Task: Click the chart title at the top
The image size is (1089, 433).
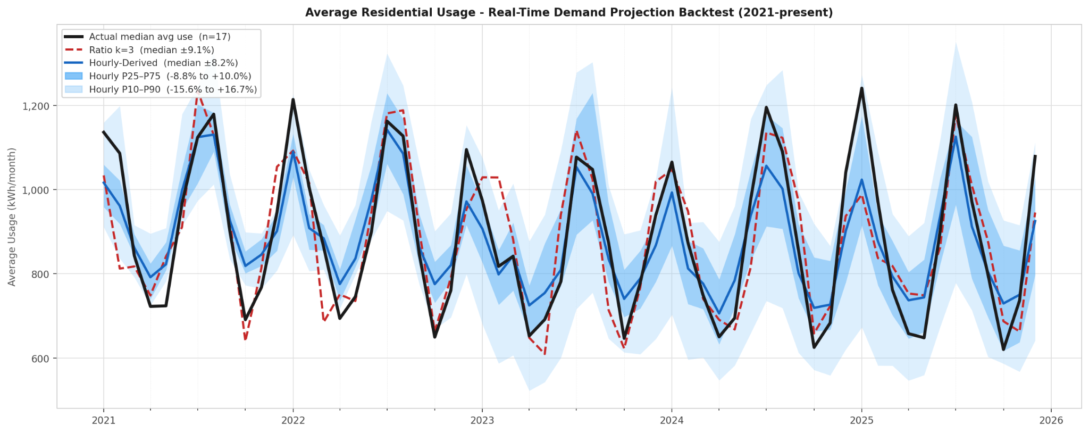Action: click(x=569, y=12)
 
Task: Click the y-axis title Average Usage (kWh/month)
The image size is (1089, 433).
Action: click(x=12, y=216)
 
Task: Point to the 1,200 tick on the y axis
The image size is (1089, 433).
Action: click(x=37, y=106)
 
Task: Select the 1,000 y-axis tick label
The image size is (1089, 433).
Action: click(x=37, y=190)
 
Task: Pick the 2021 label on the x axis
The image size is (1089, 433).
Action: click(x=103, y=420)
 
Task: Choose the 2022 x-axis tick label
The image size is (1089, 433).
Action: click(x=293, y=420)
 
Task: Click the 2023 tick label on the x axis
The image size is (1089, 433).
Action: click(x=482, y=420)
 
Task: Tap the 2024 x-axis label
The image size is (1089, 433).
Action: click(x=672, y=420)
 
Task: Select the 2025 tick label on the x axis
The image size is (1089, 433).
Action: click(x=861, y=420)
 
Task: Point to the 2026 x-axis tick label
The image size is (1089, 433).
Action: click(x=1051, y=420)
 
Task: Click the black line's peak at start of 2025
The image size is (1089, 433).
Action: click(x=861, y=88)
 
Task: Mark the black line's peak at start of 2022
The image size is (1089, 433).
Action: click(x=293, y=99)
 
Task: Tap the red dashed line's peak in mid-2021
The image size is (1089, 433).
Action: click(x=198, y=92)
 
